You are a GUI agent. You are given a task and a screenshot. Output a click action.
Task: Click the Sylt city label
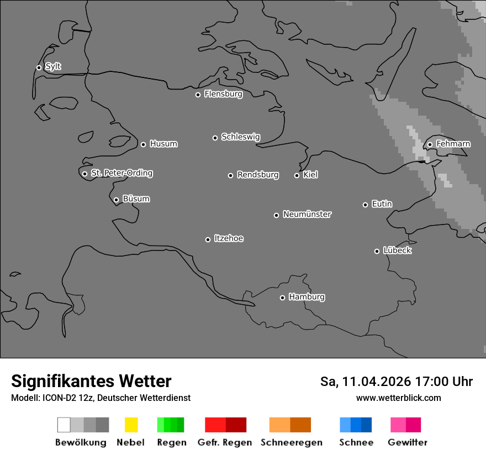point(53,67)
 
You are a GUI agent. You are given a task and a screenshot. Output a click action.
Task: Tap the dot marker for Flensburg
point(198,95)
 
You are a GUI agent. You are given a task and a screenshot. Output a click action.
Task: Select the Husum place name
point(163,144)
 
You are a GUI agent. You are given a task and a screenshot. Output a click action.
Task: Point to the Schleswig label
point(240,137)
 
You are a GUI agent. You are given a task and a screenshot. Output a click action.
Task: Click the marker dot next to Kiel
point(297,175)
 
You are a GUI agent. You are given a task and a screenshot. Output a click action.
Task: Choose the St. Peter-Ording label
point(121,173)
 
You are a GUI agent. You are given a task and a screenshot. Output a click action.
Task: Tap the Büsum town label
point(136,199)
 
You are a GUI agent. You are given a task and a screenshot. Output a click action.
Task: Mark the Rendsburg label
point(258,175)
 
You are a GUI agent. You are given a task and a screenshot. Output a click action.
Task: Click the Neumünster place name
point(307,215)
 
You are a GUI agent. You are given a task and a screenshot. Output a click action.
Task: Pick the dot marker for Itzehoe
point(208,239)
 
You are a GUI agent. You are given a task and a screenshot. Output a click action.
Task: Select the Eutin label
point(382,204)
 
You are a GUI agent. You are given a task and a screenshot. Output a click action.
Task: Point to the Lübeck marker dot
point(377,251)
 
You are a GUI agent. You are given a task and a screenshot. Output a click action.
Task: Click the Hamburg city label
point(307,297)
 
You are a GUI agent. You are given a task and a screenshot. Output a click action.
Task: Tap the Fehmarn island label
point(453,144)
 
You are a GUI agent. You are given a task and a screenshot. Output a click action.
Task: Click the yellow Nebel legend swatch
point(131,425)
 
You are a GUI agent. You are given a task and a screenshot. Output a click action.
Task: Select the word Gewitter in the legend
point(408,442)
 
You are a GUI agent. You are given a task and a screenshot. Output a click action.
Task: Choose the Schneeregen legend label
point(292,442)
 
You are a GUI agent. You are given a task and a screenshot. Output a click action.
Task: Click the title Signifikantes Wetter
point(91,382)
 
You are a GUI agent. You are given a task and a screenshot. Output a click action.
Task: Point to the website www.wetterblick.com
point(398,398)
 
